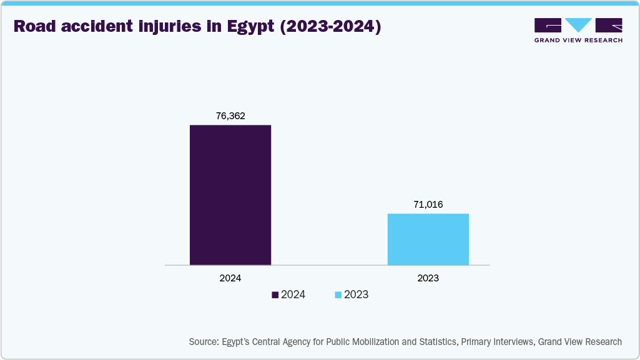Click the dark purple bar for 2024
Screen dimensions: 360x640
click(x=230, y=195)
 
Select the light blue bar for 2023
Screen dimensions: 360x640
click(x=428, y=239)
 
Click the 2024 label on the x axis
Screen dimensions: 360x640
click(x=230, y=278)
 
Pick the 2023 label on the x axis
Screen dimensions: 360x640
click(x=428, y=278)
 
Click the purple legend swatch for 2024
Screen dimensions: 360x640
click(x=275, y=295)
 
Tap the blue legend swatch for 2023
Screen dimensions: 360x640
click(x=338, y=295)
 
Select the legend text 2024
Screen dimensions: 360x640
click(x=293, y=295)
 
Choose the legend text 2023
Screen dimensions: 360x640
click(x=357, y=295)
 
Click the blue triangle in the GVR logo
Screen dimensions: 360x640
click(x=578, y=25)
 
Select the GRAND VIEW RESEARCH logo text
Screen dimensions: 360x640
click(x=578, y=41)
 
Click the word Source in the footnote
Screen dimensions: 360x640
click(x=204, y=342)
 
